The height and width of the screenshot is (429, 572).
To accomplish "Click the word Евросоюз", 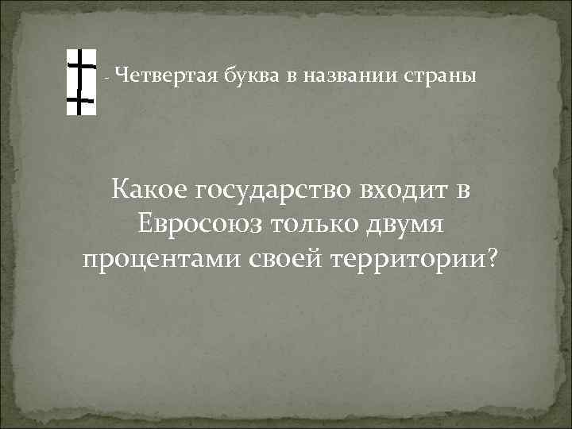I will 198,225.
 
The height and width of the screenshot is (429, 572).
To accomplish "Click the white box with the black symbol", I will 80,83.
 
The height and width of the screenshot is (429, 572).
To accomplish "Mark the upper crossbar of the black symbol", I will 79,63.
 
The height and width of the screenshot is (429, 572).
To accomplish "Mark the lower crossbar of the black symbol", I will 79,101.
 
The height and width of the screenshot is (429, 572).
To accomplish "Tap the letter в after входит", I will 462,191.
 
